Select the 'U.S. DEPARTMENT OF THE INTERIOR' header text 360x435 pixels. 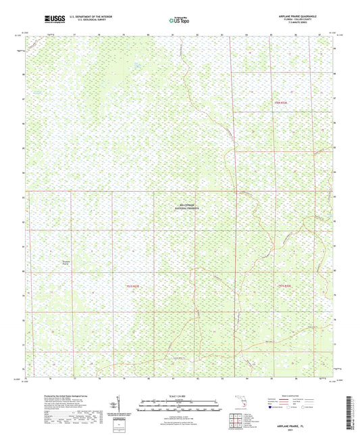pos(75,14)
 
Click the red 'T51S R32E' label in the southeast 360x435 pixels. pos(287,286)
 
